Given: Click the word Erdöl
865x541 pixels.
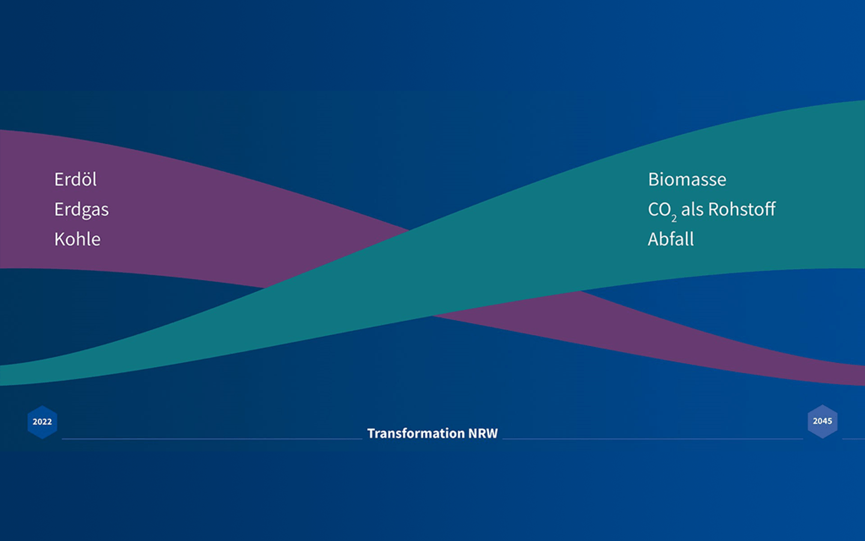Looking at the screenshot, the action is (x=75, y=179).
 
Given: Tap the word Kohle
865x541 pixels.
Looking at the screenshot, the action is (x=77, y=239).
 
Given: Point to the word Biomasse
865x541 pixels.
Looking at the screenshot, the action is (x=687, y=179).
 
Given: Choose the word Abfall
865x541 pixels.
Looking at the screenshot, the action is (x=671, y=239).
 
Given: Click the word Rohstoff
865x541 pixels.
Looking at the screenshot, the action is (x=742, y=209).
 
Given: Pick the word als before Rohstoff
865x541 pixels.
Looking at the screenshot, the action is (x=692, y=209).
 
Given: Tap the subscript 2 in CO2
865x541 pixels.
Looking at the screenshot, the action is (x=674, y=218).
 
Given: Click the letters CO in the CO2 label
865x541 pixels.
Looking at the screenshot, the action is (x=659, y=209).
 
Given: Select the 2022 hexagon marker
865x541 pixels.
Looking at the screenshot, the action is (x=43, y=422).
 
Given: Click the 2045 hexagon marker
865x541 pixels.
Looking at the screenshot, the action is (x=822, y=421).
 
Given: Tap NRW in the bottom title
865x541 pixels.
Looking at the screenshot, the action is (x=483, y=433).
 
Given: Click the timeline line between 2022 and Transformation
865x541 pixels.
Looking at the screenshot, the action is (x=212, y=439).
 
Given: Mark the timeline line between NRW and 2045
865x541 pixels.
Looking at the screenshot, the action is (x=652, y=439).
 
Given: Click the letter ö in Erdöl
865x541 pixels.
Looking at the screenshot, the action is (x=85, y=180).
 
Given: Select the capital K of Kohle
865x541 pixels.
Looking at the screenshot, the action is (x=59, y=239).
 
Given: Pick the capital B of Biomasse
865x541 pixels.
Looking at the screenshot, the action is (x=653, y=179).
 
